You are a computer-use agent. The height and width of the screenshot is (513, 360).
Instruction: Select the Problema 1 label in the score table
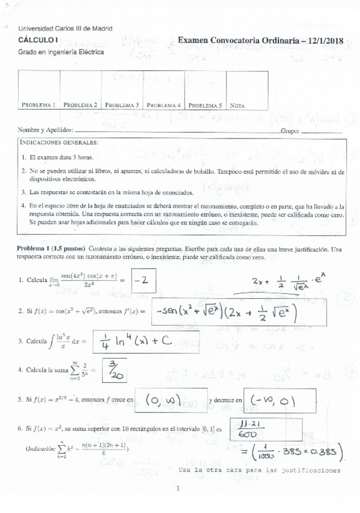(x=39, y=105)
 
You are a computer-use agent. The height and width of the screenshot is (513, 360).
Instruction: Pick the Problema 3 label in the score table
(x=122, y=105)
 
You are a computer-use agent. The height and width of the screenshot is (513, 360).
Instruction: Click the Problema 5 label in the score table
(x=206, y=105)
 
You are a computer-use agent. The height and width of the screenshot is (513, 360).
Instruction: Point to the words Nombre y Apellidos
(x=45, y=130)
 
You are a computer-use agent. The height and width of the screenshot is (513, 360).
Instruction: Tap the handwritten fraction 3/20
(x=113, y=370)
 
